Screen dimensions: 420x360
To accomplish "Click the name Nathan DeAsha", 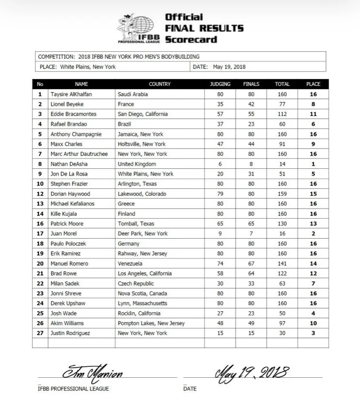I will coord(68,164).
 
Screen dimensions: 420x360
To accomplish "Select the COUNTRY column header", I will coord(160,84).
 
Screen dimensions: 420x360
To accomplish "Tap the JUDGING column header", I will coord(220,84).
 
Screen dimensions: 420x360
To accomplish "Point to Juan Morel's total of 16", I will coord(282,233).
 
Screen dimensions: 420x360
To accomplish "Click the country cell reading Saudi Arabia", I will coord(132,94).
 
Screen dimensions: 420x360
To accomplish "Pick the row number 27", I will coord(40,333).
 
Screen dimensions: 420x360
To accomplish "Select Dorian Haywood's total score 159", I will coord(282,194).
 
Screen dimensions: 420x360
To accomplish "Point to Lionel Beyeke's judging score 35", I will coord(220,104).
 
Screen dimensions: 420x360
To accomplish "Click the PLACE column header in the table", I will coord(313,84).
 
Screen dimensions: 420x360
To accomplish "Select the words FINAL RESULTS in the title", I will coord(204,28).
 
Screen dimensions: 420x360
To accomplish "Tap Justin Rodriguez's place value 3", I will coord(313,333).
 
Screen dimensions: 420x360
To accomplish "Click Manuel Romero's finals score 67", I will coord(252,263).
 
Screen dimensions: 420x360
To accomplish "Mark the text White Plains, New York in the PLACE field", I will coord(88,67).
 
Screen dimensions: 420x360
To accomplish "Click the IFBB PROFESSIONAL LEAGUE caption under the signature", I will coord(73,388).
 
